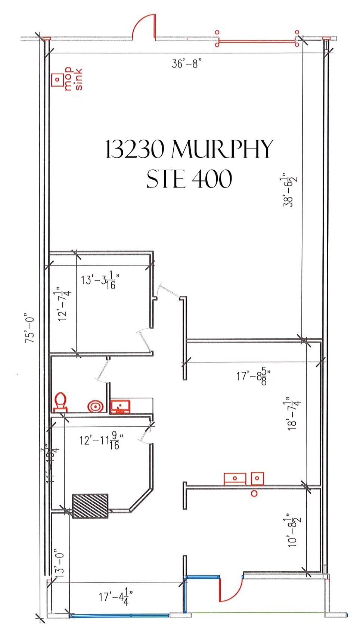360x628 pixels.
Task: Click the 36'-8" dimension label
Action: click(x=186, y=63)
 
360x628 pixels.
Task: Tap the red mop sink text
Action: click(x=73, y=79)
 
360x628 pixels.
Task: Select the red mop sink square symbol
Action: click(x=58, y=80)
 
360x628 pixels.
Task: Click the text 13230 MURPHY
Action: click(x=189, y=149)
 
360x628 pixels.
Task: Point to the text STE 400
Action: click(x=189, y=179)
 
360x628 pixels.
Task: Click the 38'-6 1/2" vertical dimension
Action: click(x=290, y=190)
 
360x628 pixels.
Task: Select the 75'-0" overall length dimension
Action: click(x=30, y=328)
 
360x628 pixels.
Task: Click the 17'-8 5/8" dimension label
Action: click(x=253, y=376)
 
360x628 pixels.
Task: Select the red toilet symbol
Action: click(x=60, y=402)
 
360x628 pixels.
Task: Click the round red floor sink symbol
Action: click(x=95, y=406)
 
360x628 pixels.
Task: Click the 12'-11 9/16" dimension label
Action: click(x=100, y=441)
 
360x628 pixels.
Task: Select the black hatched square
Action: click(x=90, y=506)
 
